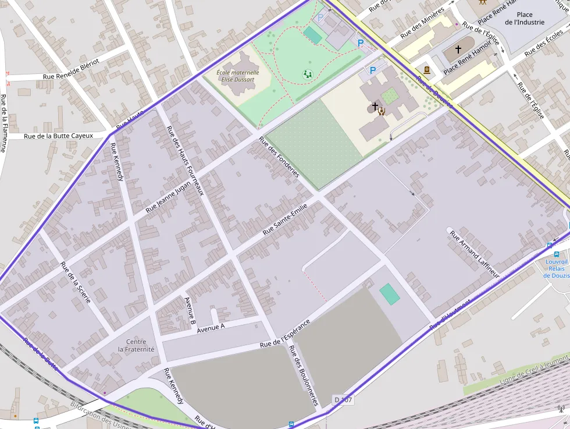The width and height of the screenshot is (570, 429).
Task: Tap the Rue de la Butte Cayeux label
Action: [59, 136]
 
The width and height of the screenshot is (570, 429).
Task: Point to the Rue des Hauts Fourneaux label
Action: [185, 161]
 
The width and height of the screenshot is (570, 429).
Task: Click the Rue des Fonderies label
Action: [279, 157]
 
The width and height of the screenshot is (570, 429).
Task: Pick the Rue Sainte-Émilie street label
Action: [284, 222]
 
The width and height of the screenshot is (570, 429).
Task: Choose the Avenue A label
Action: [211, 328]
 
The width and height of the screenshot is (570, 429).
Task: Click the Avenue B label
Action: [190, 311]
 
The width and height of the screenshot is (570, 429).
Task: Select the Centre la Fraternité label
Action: [136, 346]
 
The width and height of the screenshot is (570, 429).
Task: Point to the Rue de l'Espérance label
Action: [285, 334]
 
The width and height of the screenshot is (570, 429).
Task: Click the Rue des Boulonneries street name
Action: [304, 375]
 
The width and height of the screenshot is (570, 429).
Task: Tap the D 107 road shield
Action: [343, 400]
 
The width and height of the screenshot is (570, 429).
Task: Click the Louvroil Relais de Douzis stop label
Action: [557, 268]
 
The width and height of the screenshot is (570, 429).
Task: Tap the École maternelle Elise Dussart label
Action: [237, 76]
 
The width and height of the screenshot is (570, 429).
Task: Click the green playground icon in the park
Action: [307, 74]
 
